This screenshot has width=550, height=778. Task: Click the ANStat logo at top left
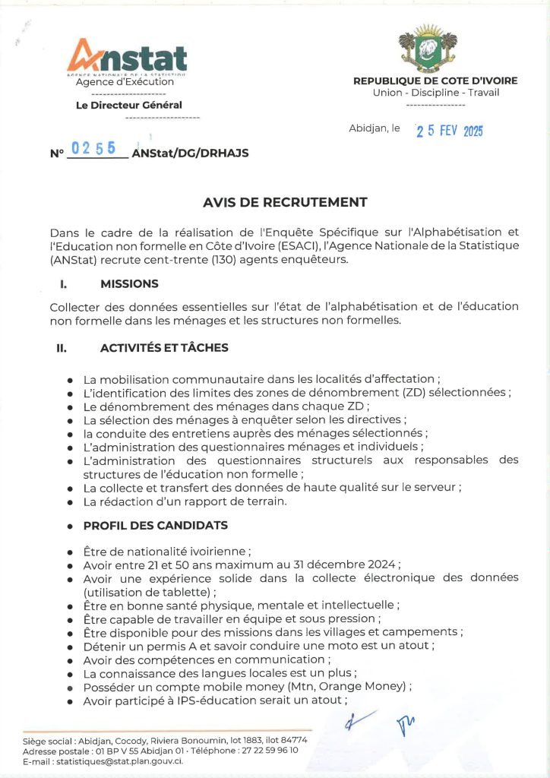127,59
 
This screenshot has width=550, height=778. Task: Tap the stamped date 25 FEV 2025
449,131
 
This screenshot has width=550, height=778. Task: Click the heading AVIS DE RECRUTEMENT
285,202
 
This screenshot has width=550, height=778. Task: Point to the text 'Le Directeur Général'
129,106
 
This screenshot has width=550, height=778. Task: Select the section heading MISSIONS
129,283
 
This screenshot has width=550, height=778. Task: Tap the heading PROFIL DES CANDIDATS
155,525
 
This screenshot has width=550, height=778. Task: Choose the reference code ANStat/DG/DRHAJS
190,153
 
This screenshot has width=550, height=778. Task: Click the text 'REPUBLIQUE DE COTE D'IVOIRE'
435,81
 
